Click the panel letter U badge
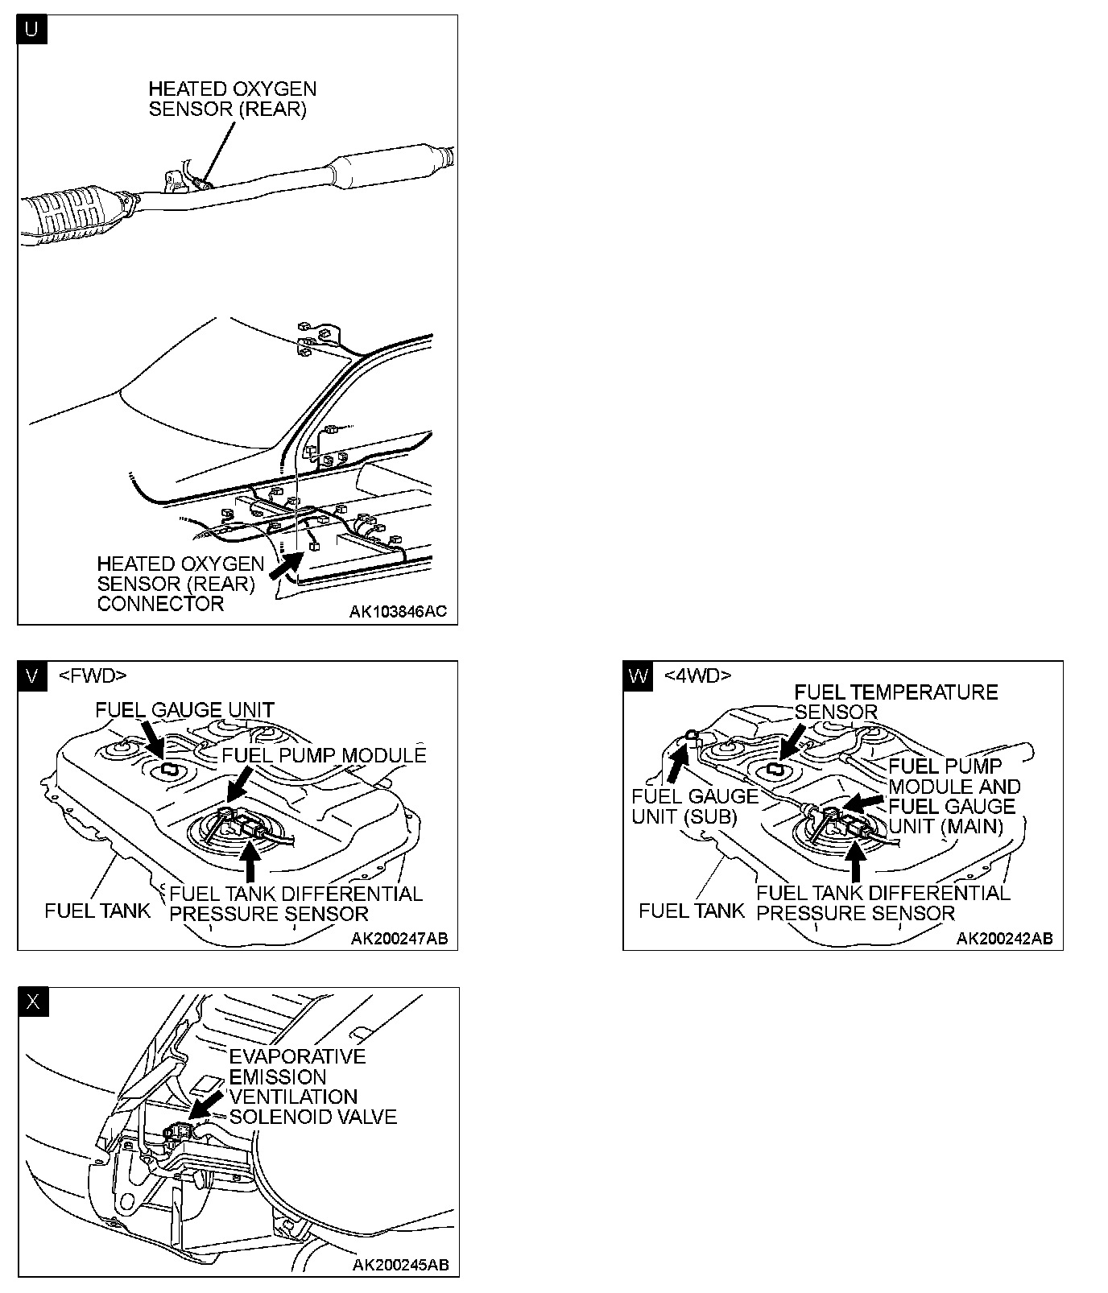31,30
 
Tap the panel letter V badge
31,675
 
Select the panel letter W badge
637,675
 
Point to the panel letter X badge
32,1002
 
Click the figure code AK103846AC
397,612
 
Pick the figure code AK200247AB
399,939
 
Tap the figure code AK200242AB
1004,939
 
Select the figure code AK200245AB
400,1265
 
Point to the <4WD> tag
697,675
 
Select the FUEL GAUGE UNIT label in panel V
184,710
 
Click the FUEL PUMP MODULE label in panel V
324,755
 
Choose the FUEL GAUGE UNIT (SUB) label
695,807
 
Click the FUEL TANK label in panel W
692,911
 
